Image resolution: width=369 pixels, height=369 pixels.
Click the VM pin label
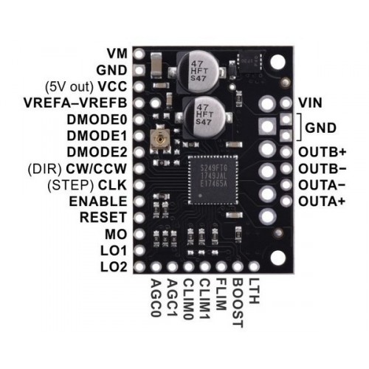point(117,54)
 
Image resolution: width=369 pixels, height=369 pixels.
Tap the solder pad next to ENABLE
point(139,201)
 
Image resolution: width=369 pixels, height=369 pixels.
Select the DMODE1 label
point(97,136)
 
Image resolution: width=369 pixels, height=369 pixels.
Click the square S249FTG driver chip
point(213,179)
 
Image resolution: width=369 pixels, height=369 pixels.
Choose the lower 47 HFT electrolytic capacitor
point(204,117)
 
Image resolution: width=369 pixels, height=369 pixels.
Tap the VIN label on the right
point(310,103)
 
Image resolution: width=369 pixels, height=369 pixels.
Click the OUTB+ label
point(323,152)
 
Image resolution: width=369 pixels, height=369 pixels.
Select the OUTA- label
point(323,185)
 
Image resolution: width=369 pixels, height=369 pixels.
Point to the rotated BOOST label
point(238,303)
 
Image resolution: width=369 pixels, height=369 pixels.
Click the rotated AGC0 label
point(156,297)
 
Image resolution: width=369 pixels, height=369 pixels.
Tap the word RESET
point(103,218)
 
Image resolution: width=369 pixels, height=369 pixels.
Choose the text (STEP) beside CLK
point(71,185)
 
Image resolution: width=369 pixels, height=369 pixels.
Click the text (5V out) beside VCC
point(69,86)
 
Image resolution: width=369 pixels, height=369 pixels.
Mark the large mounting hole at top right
point(278,62)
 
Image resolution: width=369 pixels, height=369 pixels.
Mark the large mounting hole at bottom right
point(278,258)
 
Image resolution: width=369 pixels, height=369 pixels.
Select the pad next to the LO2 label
point(139,266)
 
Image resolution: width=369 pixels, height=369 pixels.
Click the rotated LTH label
point(254,291)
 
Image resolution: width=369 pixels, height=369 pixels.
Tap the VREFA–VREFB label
point(75,103)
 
